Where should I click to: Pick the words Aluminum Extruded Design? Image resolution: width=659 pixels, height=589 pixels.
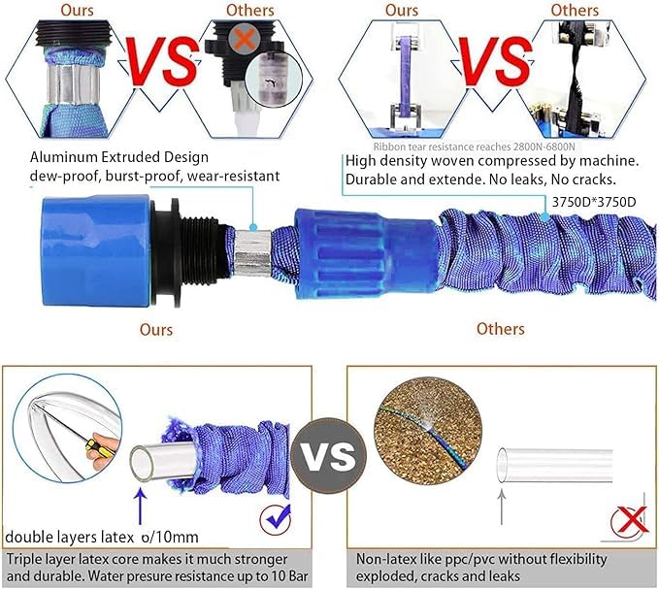click(x=119, y=156)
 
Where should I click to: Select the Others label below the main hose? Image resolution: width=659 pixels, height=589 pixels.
click(x=501, y=329)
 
